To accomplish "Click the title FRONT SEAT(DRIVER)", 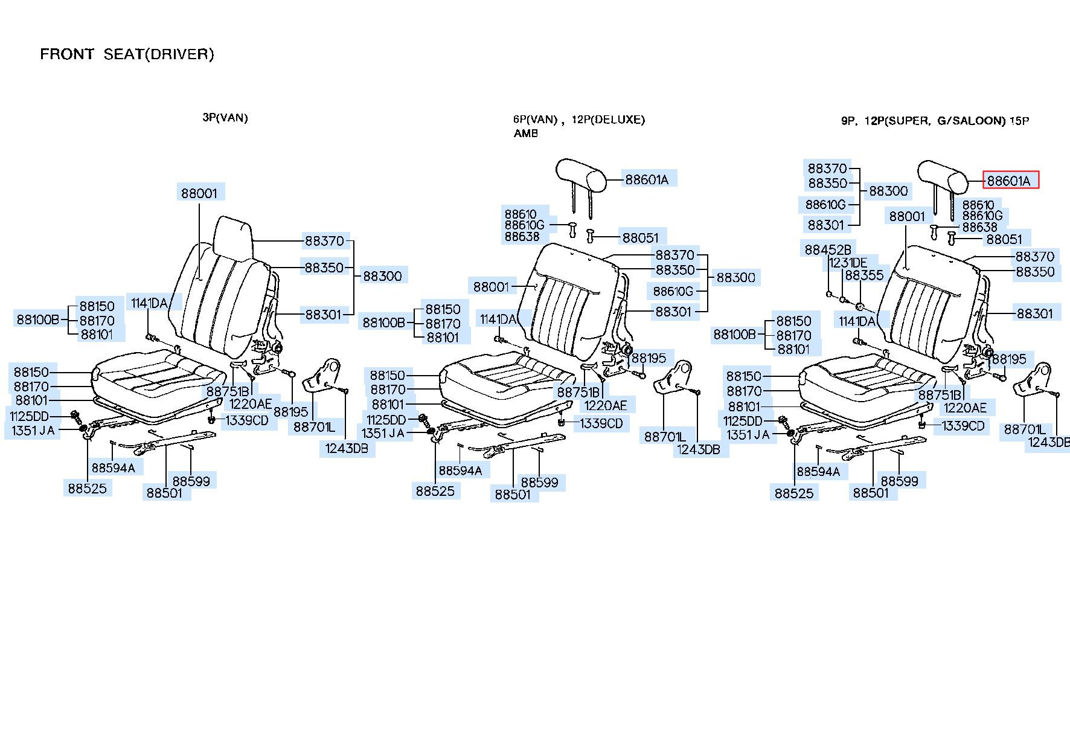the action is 127,54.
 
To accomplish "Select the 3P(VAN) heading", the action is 225,117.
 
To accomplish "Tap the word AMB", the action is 526,133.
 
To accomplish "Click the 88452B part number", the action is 827,249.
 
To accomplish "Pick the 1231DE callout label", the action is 848,263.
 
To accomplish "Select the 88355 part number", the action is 864,275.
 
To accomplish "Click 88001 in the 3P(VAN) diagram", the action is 199,193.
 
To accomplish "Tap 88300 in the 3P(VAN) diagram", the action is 382,276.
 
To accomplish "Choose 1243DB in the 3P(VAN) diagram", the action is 346,448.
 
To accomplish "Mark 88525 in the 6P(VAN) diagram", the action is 435,491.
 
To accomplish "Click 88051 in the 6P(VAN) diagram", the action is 641,238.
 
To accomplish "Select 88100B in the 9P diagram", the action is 735,335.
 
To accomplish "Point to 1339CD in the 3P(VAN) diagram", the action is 247,420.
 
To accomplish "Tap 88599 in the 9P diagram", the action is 899,481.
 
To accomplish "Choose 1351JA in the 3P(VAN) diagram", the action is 33,431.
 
